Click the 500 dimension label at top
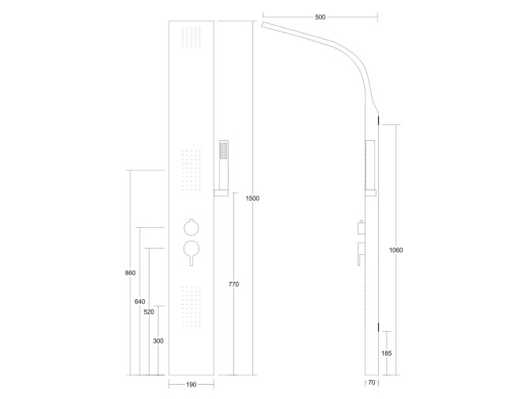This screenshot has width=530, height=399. click(320, 17)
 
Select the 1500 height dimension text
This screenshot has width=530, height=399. click(252, 198)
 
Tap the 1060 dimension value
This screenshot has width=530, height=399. click(396, 250)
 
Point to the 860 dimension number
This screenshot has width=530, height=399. click(131, 272)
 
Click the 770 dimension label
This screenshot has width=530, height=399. click(233, 283)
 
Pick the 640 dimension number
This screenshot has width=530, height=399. click(140, 302)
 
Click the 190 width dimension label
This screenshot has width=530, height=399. click(191, 385)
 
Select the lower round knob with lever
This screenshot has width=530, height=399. click(191, 251)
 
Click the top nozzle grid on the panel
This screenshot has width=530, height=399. click(191, 40)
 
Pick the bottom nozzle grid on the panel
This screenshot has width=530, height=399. click(191, 305)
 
